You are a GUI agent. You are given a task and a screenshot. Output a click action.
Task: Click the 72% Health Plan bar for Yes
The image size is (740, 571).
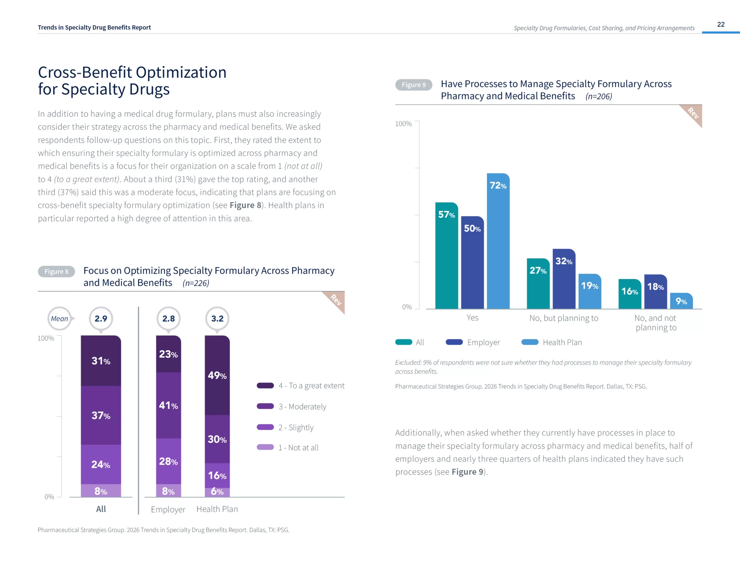coord(498,241)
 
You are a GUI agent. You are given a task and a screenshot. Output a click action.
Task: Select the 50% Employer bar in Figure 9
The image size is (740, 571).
coord(472,263)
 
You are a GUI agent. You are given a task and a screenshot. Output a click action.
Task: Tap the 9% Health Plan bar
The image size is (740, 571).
coord(681,301)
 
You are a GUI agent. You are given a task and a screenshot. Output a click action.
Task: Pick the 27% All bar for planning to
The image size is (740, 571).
coord(538,284)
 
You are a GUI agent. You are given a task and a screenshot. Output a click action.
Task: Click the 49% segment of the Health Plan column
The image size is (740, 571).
coord(217,375)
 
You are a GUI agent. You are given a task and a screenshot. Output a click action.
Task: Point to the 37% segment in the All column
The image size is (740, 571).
coord(101,415)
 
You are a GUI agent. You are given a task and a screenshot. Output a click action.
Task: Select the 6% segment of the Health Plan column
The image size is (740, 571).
coord(217,492)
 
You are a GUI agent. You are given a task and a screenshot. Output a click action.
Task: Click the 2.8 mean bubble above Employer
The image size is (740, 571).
coord(168,319)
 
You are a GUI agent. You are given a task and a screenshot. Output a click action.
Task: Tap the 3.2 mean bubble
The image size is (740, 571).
coord(217,319)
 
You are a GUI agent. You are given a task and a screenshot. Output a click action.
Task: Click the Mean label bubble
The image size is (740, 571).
coord(59,319)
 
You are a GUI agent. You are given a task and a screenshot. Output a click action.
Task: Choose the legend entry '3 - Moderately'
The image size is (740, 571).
coord(291,407)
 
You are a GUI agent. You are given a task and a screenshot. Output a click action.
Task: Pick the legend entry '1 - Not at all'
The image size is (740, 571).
coord(288,448)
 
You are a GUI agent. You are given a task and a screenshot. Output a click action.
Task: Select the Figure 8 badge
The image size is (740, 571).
coord(56,271)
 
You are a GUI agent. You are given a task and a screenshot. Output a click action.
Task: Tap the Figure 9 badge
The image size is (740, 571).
coord(414,85)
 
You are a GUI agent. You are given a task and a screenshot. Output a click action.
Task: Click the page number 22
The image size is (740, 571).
coord(721,24)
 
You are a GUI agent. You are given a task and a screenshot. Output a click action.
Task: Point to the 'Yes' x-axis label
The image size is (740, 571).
coord(473,318)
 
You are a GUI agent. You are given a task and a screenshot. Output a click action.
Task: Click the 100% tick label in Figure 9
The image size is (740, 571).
coord(403,124)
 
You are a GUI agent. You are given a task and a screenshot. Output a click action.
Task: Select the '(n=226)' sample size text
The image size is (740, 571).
coord(196,283)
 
